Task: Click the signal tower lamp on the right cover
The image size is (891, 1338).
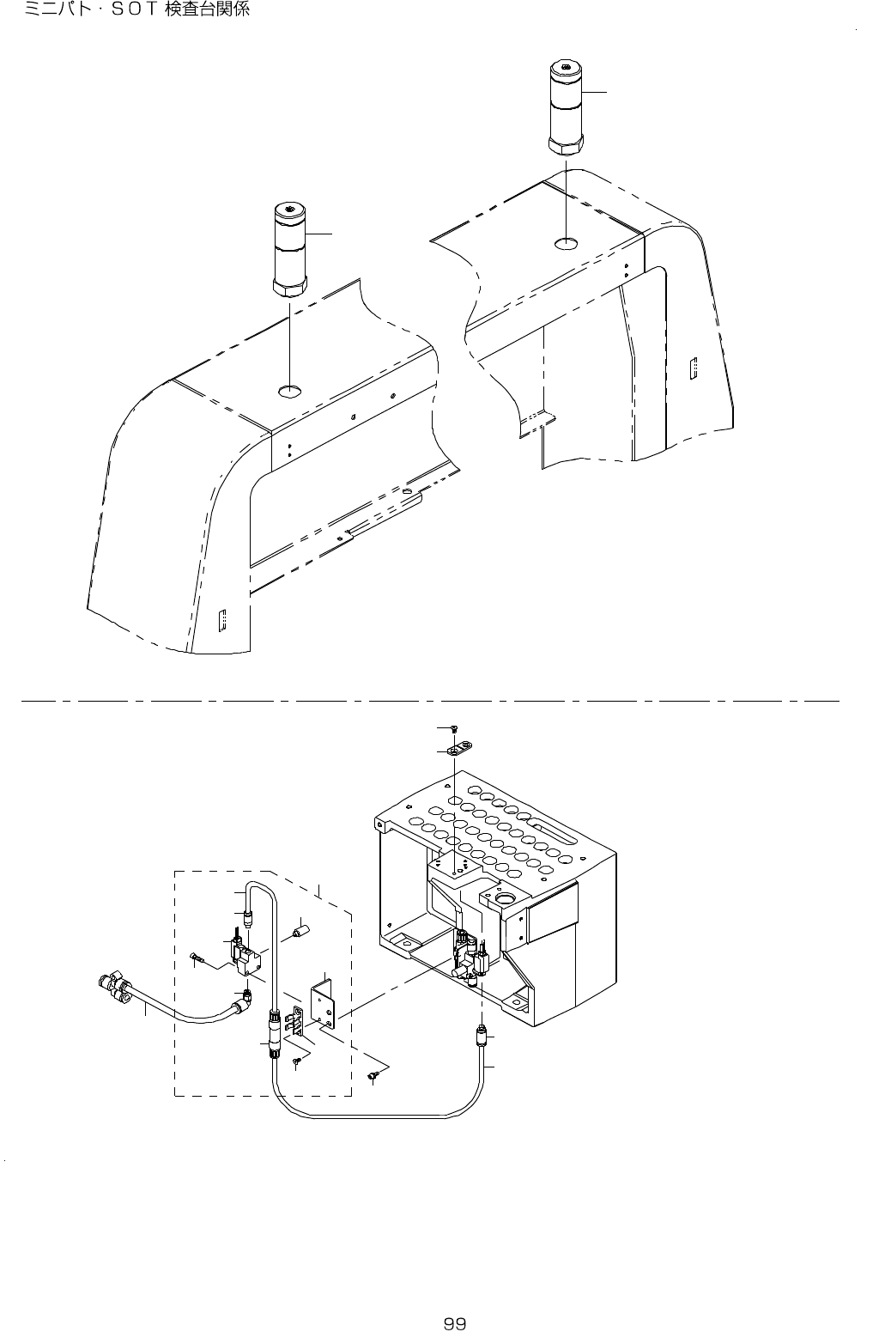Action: (565, 108)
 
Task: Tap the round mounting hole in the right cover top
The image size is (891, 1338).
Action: (565, 245)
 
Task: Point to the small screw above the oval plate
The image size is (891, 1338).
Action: (454, 729)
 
